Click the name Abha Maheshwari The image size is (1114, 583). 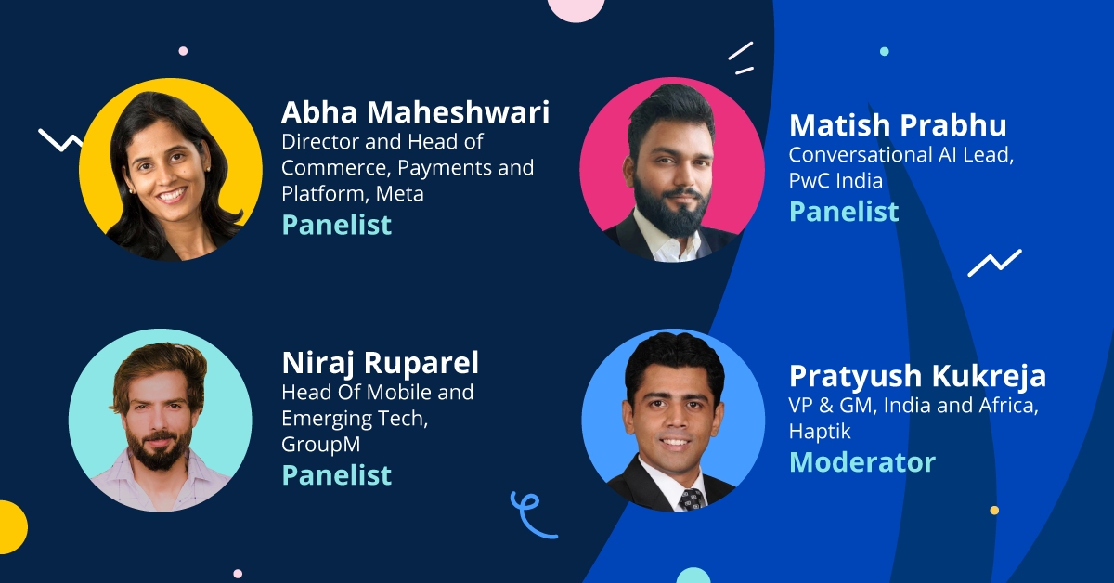click(x=415, y=112)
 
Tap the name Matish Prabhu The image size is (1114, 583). click(x=898, y=124)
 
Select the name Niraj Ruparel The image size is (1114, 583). click(x=380, y=364)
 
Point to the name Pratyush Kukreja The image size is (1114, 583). click(x=917, y=377)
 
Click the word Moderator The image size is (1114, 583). click(x=862, y=462)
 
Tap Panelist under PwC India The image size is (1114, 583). click(x=844, y=212)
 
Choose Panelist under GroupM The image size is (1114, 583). click(x=337, y=475)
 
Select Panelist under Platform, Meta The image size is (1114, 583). click(x=337, y=225)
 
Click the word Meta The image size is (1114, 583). click(x=399, y=193)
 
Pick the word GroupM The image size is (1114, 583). click(x=321, y=445)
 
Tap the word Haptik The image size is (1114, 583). click(x=820, y=432)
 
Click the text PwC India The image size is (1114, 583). click(x=835, y=181)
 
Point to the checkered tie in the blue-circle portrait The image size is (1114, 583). click(x=693, y=499)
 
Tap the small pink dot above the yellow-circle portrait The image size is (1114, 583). click(x=183, y=51)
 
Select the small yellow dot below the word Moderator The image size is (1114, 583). click(x=994, y=510)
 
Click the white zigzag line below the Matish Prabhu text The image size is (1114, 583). click(x=994, y=263)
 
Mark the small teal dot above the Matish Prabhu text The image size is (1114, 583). click(x=884, y=51)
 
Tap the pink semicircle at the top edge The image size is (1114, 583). click(x=576, y=9)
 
